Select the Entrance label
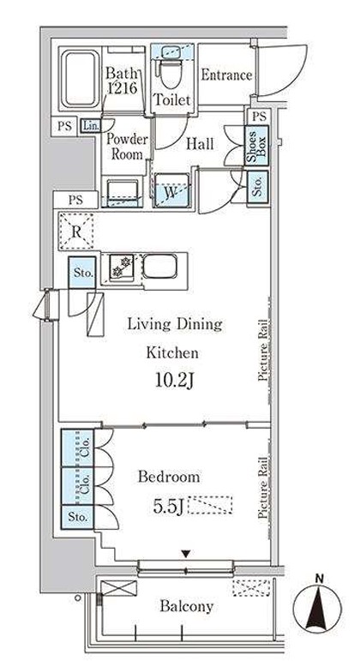point(226,75)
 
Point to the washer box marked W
point(171,190)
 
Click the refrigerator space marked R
point(76,231)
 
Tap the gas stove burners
point(122,267)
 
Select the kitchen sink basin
point(159,266)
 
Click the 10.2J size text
point(173,382)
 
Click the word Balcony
point(186,607)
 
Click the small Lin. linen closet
point(90,125)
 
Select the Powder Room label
point(127,147)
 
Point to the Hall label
point(200,144)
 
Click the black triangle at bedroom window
point(185,554)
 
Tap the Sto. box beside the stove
point(82,273)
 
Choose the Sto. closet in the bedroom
point(77,516)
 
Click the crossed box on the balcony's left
point(119,588)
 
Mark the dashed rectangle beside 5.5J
point(210,505)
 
